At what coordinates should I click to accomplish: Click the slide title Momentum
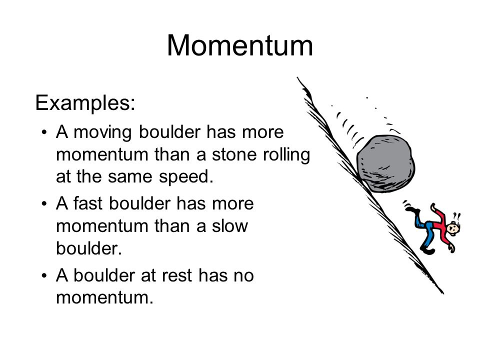point(240,46)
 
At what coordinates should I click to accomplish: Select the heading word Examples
point(84,103)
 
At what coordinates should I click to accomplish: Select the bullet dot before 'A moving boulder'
point(45,132)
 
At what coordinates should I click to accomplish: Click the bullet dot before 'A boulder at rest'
point(45,275)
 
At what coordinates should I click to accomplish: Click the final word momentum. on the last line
point(104,298)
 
